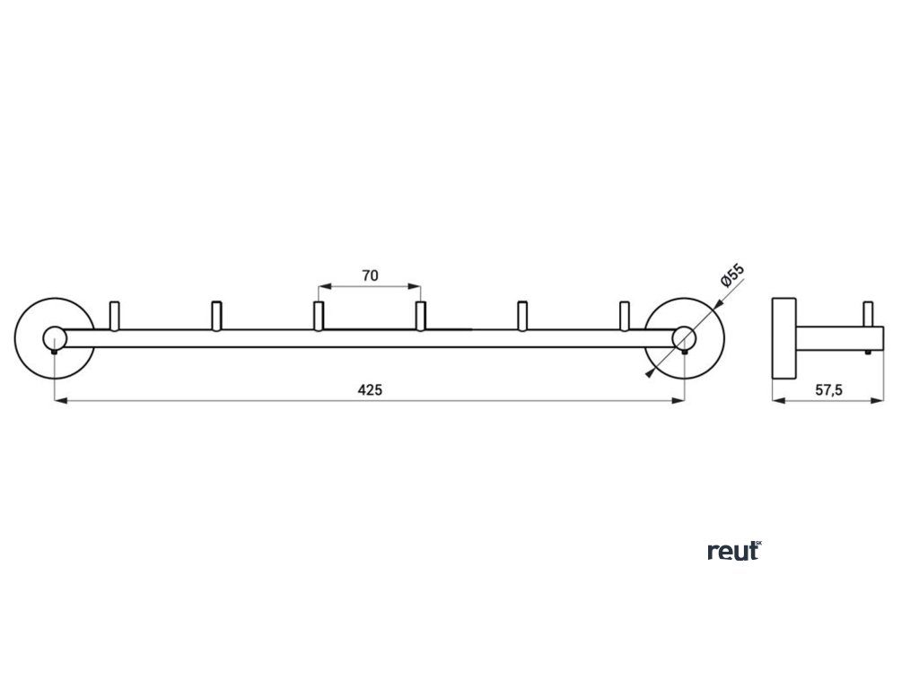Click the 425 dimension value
(370, 389)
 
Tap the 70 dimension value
(370, 276)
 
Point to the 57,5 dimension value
(828, 389)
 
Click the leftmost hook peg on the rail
(113, 315)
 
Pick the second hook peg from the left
(215, 315)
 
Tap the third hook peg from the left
(318, 315)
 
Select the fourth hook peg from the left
(420, 315)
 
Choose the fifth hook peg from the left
(522, 315)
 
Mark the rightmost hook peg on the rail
(625, 315)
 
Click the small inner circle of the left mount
(55, 338)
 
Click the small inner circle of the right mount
(685, 338)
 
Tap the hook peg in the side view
(868, 315)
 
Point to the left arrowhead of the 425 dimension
(59, 400)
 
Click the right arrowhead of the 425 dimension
(680, 400)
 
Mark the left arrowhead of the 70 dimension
(324, 287)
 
